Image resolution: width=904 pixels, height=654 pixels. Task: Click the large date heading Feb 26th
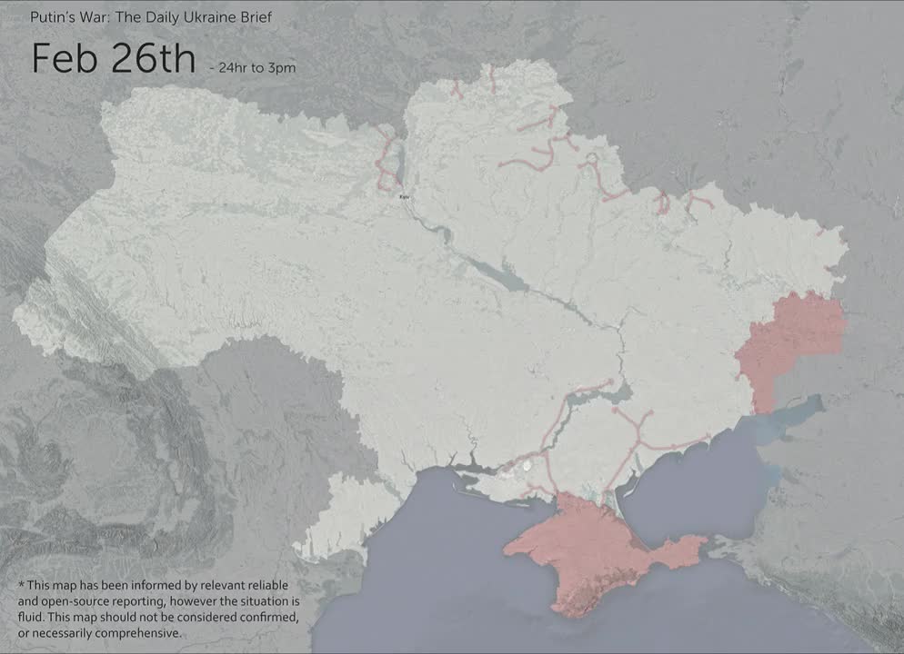[113, 58]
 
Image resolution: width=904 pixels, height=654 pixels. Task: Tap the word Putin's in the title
[51, 17]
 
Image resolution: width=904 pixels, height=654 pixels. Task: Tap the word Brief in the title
[254, 17]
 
